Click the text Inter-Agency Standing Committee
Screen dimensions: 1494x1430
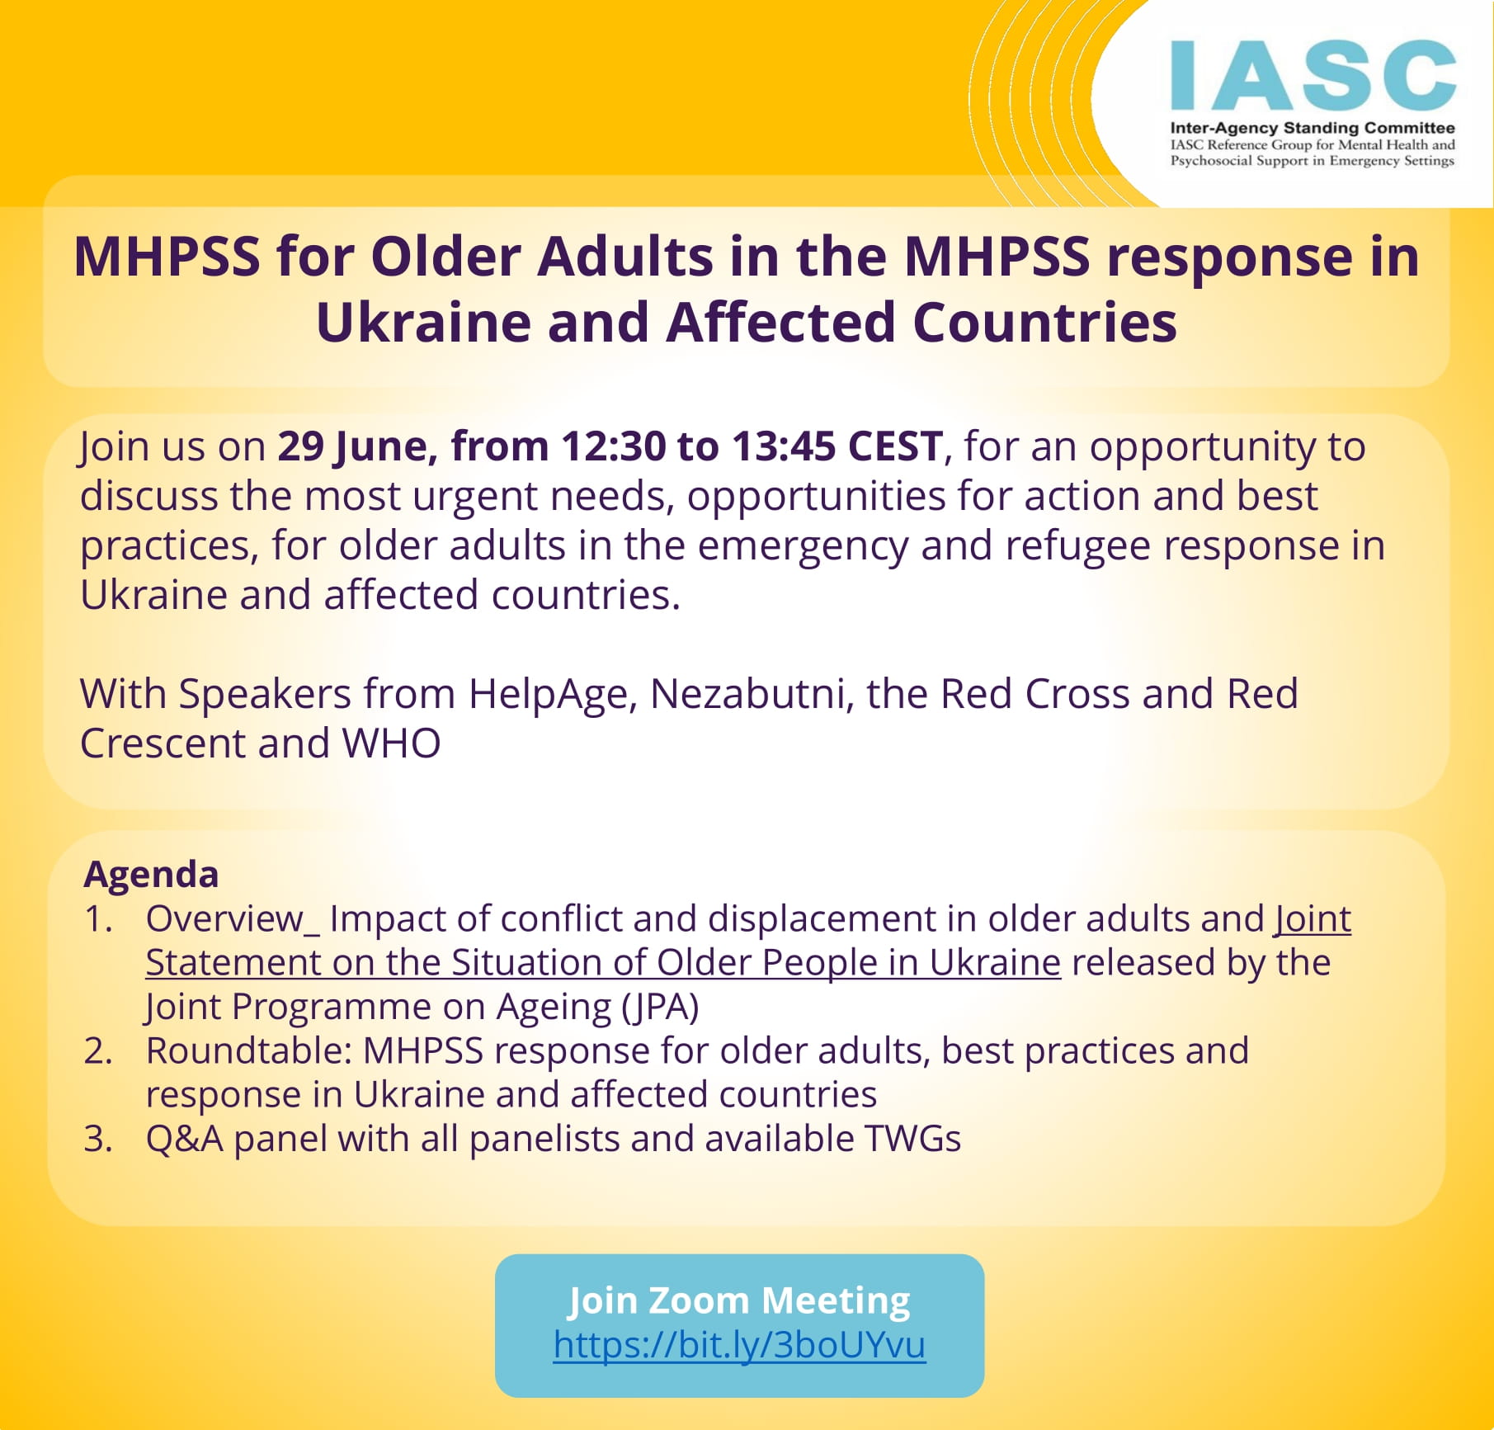coord(1313,128)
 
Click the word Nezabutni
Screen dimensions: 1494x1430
coord(752,694)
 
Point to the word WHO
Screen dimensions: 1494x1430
coord(392,743)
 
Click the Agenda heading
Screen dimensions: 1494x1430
coord(151,875)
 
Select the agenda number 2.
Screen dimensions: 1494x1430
coord(98,1051)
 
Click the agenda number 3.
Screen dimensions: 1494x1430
coord(98,1139)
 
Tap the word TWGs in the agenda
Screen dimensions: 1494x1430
coord(912,1139)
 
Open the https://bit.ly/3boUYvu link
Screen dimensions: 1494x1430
coord(739,1344)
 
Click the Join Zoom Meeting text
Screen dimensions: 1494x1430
coord(739,1300)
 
